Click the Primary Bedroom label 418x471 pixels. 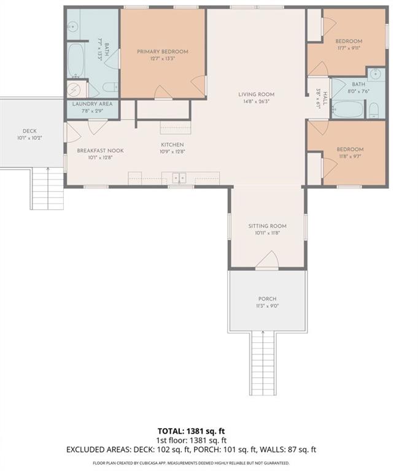pos(162,52)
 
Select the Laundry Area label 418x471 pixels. pos(92,104)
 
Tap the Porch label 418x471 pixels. pos(267,299)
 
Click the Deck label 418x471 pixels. pos(29,131)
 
